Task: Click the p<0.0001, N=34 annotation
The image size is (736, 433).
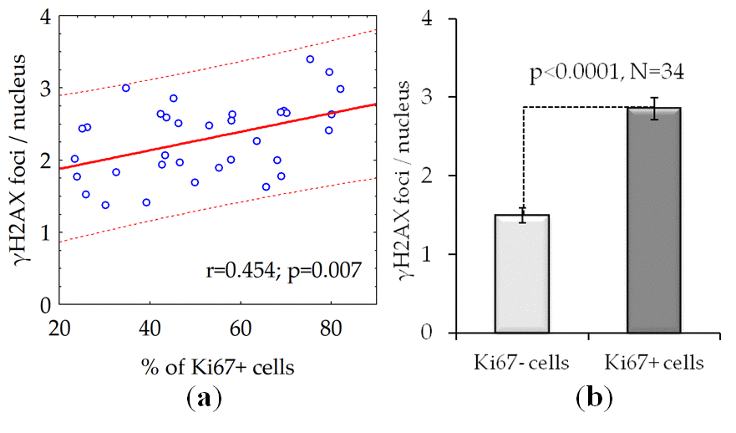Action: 607,73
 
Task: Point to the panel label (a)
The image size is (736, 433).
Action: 203,398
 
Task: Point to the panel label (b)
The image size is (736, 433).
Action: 593,398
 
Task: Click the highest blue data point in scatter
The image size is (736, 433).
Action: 310,59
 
